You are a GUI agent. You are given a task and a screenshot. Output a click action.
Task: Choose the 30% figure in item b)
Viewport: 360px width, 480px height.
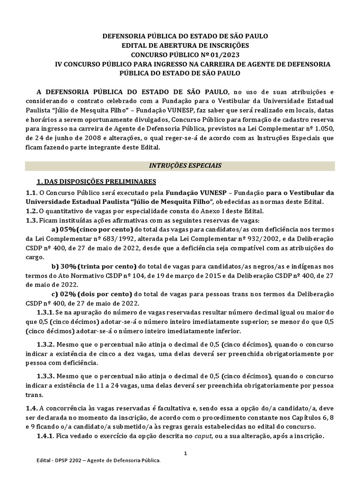coord(64,266)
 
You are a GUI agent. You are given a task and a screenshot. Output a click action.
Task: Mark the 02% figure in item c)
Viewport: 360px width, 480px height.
coord(64,294)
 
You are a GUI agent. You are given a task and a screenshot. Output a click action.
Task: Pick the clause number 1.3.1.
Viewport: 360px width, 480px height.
coord(46,312)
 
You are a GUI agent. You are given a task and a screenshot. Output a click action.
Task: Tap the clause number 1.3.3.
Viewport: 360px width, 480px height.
coord(46,376)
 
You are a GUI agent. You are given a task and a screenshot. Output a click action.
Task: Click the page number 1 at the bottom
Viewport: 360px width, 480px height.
coord(185,453)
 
